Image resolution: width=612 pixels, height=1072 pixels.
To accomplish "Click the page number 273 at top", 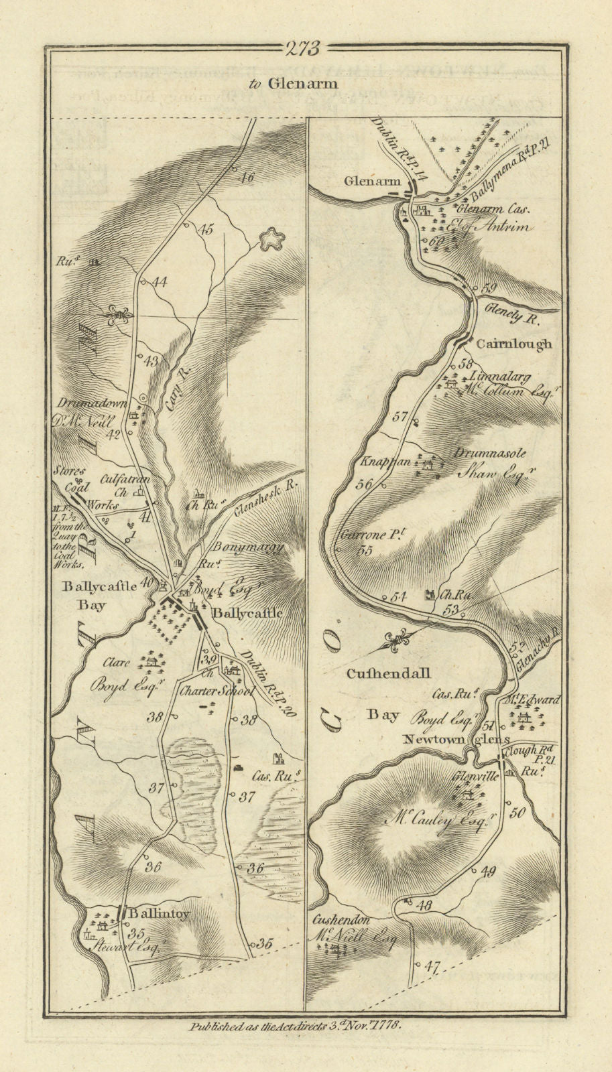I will click(302, 48).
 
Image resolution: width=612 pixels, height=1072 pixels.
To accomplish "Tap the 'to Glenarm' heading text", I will click(302, 83).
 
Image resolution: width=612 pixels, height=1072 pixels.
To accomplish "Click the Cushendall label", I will click(388, 673).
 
